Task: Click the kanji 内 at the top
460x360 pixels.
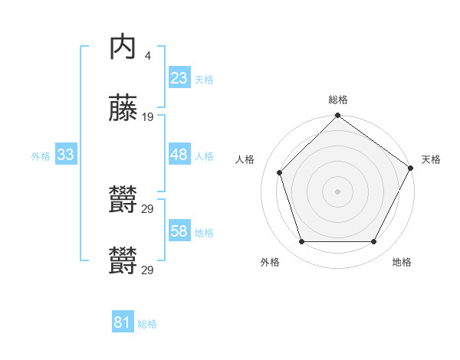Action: point(123,48)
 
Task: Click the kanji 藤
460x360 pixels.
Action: point(123,110)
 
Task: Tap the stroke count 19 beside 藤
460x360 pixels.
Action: point(148,117)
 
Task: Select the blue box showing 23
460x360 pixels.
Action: point(179,77)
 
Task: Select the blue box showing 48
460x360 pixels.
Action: point(179,155)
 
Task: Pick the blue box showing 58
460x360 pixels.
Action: point(179,231)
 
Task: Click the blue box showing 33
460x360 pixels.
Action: point(66,155)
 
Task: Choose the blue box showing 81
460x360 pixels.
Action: point(122,322)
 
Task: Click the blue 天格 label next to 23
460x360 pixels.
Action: point(204,79)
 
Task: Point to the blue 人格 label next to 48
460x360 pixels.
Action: point(204,155)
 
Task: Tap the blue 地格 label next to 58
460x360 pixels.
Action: point(204,232)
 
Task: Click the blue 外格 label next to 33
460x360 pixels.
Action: point(41,155)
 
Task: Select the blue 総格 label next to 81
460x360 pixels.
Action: point(147,323)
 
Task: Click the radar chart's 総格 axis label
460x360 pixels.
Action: point(338,100)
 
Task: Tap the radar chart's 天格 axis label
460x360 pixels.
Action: point(431,159)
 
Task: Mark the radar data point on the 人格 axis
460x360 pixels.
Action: point(280,172)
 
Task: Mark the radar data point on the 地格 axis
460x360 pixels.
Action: point(373,242)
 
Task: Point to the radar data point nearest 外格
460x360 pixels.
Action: point(301,242)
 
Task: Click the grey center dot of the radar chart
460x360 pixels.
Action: point(337,191)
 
